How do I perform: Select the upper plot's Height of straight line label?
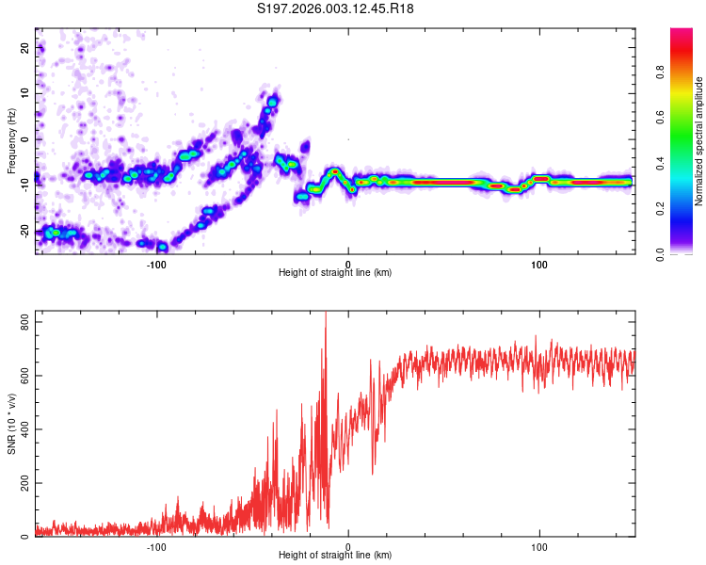coord(335,272)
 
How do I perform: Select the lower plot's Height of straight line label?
coord(335,556)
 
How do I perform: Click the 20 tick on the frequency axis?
coord(25,47)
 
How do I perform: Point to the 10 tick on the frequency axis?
coord(25,93)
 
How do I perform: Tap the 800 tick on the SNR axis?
coord(21,322)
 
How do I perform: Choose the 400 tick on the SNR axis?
coord(21,429)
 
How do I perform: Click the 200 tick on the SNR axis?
coord(21,483)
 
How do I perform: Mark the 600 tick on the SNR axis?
coord(21,376)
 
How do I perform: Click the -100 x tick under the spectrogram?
coord(156,263)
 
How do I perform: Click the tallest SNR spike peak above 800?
coord(326,314)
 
